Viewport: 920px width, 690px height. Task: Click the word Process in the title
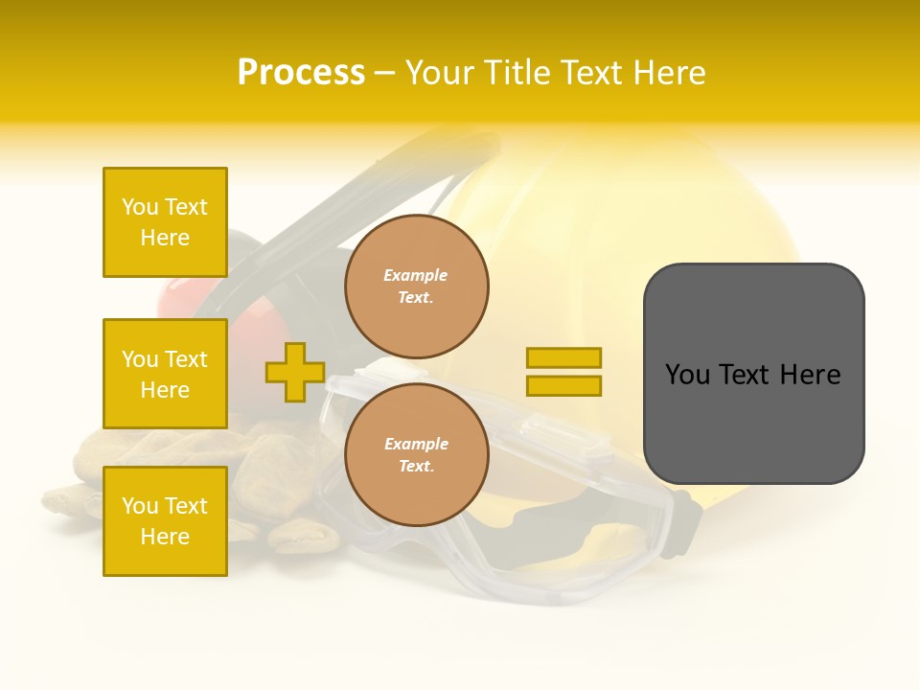pyautogui.click(x=301, y=73)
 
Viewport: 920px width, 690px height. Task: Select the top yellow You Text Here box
pyautogui.click(x=165, y=222)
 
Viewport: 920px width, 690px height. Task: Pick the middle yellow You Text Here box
pyautogui.click(x=165, y=374)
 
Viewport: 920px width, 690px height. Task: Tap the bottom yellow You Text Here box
pyautogui.click(x=165, y=520)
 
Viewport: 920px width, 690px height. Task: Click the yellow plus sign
pyautogui.click(x=295, y=372)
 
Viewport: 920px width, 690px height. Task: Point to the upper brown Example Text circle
pyautogui.click(x=417, y=287)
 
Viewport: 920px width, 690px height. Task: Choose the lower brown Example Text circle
pyautogui.click(x=417, y=455)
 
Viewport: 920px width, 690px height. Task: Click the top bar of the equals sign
pyautogui.click(x=563, y=357)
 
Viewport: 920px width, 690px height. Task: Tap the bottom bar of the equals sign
pyautogui.click(x=563, y=385)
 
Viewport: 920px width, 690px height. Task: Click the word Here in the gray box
pyautogui.click(x=810, y=375)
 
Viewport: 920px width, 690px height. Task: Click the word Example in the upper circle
pyautogui.click(x=416, y=275)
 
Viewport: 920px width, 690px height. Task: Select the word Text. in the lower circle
pyautogui.click(x=416, y=467)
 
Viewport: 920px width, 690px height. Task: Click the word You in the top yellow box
pyautogui.click(x=140, y=207)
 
